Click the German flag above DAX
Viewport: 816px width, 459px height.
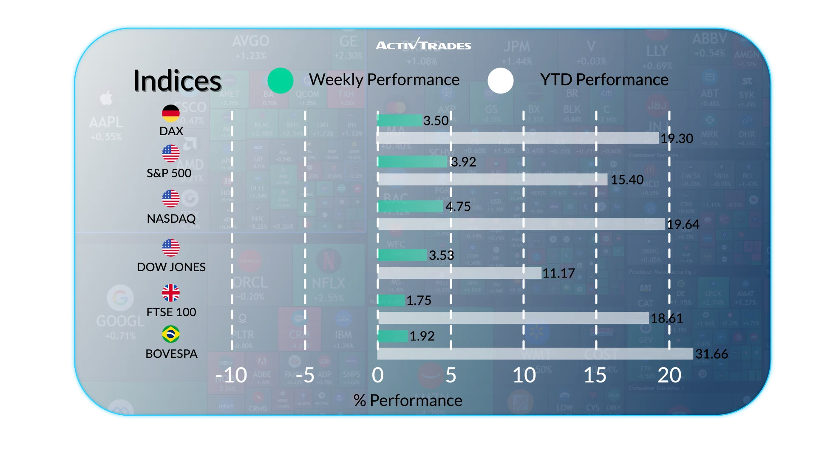(x=171, y=113)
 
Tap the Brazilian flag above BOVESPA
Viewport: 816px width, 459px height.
(x=171, y=334)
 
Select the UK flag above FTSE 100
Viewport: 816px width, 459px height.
(x=171, y=293)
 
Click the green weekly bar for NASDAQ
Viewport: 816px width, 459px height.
(x=410, y=207)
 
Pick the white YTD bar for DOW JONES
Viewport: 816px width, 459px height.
(x=459, y=273)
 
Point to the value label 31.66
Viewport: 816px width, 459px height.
(x=711, y=354)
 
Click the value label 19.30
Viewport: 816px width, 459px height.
(x=677, y=138)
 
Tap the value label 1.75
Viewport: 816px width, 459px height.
(x=419, y=300)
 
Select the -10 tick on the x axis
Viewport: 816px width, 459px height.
(x=232, y=375)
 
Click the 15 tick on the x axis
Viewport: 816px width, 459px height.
(x=595, y=375)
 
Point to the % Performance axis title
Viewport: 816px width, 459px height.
(x=408, y=400)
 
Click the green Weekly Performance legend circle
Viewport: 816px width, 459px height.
(x=280, y=80)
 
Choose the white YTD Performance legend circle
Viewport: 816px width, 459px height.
(x=501, y=80)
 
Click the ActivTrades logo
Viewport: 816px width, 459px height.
(x=423, y=45)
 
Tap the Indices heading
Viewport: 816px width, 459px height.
(x=177, y=81)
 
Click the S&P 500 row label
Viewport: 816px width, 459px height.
(x=169, y=173)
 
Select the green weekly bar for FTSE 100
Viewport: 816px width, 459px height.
(x=391, y=300)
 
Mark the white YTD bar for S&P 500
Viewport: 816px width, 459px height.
(x=493, y=179)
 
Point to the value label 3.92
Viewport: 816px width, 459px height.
(x=463, y=162)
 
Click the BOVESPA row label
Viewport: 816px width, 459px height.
(x=171, y=354)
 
